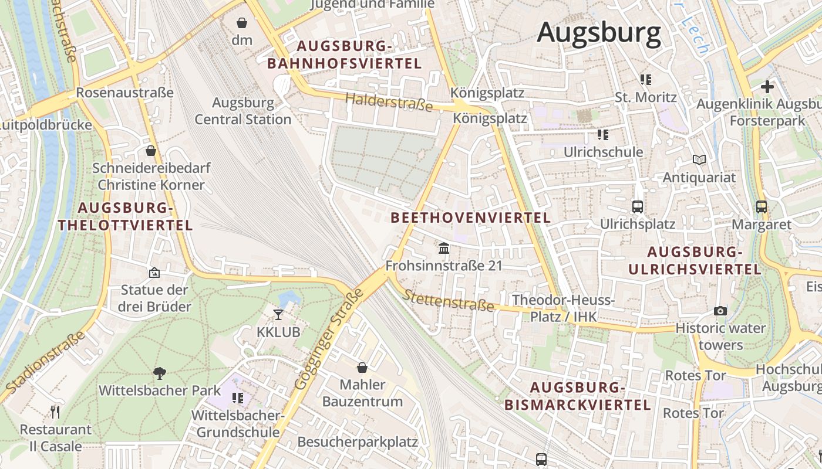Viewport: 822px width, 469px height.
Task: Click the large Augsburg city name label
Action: click(599, 32)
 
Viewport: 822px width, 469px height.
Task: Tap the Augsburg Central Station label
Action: click(243, 111)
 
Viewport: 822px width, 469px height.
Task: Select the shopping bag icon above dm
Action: click(242, 23)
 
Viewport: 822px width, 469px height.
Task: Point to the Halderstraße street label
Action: click(389, 102)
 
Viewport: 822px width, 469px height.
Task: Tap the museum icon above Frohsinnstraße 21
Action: click(444, 249)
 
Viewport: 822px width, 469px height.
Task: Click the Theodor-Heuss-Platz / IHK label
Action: click(563, 308)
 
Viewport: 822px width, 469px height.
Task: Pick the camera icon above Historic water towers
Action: click(720, 311)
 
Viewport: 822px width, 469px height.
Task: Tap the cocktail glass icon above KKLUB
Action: click(278, 315)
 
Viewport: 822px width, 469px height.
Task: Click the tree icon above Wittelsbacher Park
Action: click(159, 373)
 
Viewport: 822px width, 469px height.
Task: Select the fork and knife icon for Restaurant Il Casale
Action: click(55, 412)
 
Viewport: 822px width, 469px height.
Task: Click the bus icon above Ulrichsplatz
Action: click(637, 206)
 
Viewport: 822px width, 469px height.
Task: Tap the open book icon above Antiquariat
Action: click(699, 159)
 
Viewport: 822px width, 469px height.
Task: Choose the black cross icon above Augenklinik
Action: click(767, 87)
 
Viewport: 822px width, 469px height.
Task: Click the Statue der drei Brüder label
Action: click(154, 298)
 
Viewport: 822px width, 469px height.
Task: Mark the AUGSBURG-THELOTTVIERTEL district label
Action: click(125, 216)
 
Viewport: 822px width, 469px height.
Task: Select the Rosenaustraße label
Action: click(124, 93)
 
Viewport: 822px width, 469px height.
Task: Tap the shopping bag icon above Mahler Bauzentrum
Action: click(362, 368)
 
